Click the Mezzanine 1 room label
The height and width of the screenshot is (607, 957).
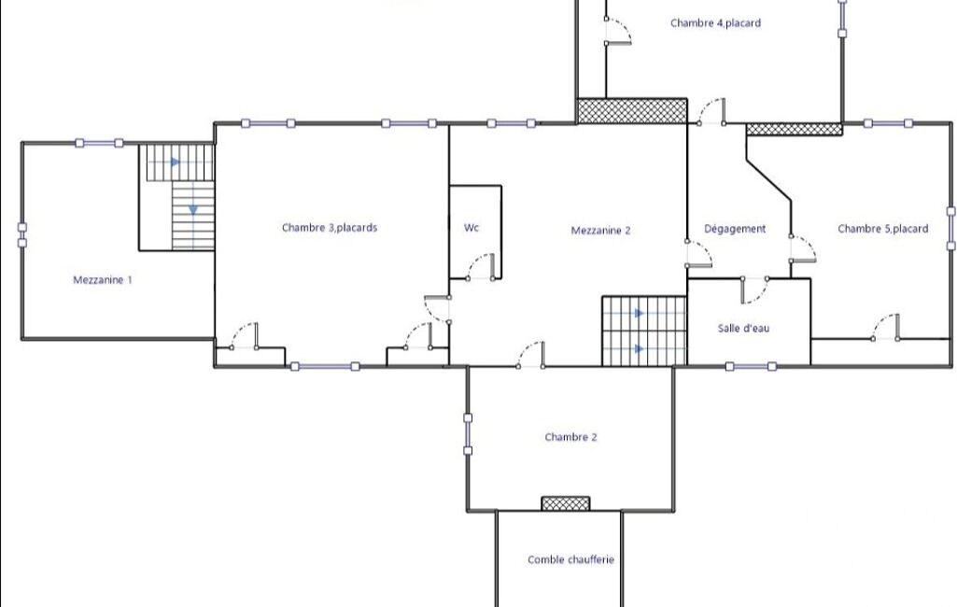tap(102, 280)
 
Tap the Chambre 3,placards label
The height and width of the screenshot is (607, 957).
tap(330, 228)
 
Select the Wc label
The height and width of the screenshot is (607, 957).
tap(471, 228)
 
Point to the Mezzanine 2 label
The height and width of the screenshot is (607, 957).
tap(600, 231)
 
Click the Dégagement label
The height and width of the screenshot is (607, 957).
tap(735, 229)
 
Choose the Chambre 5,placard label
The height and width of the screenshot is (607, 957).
tap(882, 229)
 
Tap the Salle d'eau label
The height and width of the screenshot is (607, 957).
tap(743, 328)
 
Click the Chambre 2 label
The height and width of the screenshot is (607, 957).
tap(570, 437)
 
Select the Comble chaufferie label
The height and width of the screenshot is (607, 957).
tap(570, 559)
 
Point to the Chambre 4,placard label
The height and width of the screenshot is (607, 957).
tap(715, 23)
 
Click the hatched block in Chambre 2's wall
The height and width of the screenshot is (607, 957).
tap(566, 503)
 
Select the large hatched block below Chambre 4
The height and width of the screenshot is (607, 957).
tap(632, 111)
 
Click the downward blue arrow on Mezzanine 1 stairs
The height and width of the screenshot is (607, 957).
tap(193, 210)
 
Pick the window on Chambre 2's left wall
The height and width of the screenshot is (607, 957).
tap(468, 434)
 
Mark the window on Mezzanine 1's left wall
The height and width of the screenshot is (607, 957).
tap(22, 235)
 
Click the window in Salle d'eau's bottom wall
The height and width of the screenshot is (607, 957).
tap(751, 366)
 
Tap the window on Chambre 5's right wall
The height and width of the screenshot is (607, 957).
tap(950, 229)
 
